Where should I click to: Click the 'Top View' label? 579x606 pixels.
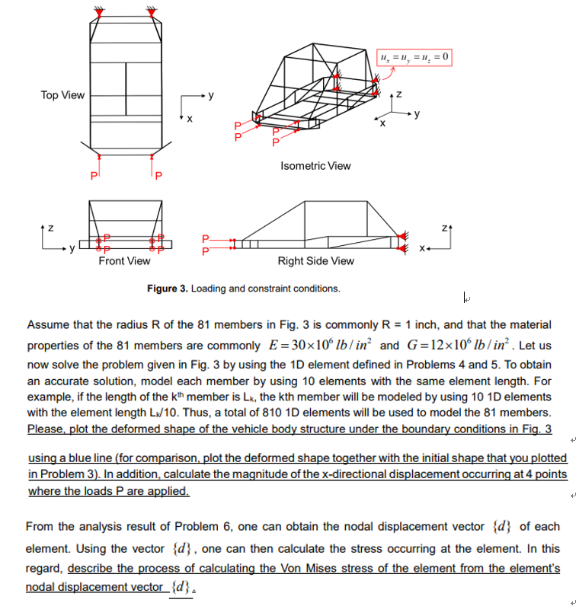(62, 95)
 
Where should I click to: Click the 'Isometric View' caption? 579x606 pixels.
(315, 165)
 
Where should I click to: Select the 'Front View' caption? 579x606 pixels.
(124, 261)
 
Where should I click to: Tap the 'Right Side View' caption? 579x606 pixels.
(315, 261)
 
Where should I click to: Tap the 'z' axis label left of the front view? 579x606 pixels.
(50, 226)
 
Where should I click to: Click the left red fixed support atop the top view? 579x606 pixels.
(98, 12)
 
